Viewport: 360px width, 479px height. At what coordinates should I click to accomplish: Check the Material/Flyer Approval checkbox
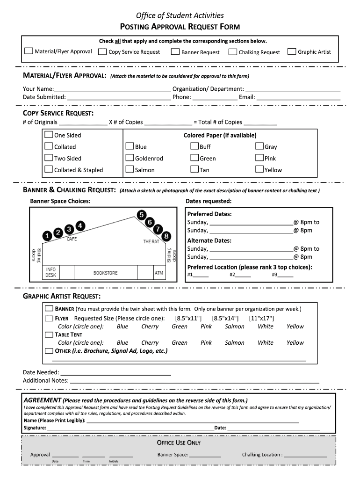29,51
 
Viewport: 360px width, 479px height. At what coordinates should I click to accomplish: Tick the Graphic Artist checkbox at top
292,51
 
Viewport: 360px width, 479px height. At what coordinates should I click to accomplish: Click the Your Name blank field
112,89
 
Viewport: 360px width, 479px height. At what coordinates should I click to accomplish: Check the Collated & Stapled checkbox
49,169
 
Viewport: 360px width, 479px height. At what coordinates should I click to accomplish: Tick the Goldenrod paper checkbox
130,158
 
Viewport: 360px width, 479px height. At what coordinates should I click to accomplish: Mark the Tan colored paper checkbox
194,169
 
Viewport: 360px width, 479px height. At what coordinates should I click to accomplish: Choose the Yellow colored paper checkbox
259,169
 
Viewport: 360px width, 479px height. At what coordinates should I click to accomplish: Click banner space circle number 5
141,215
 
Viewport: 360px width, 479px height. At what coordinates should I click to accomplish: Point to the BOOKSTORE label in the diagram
106,273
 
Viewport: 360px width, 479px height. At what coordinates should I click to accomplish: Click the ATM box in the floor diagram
159,272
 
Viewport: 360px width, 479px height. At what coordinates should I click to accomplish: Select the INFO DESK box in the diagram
50,272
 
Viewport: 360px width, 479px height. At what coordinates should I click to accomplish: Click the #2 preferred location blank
243,275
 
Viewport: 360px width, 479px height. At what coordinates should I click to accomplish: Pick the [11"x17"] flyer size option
261,318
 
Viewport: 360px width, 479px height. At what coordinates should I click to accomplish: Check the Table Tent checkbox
49,334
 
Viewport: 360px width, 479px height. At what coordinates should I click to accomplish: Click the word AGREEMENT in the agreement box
43,400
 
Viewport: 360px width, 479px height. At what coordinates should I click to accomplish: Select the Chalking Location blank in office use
305,454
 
